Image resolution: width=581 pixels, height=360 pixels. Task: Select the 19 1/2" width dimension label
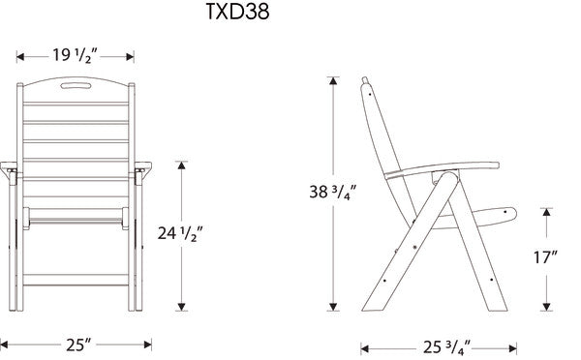point(76,55)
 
